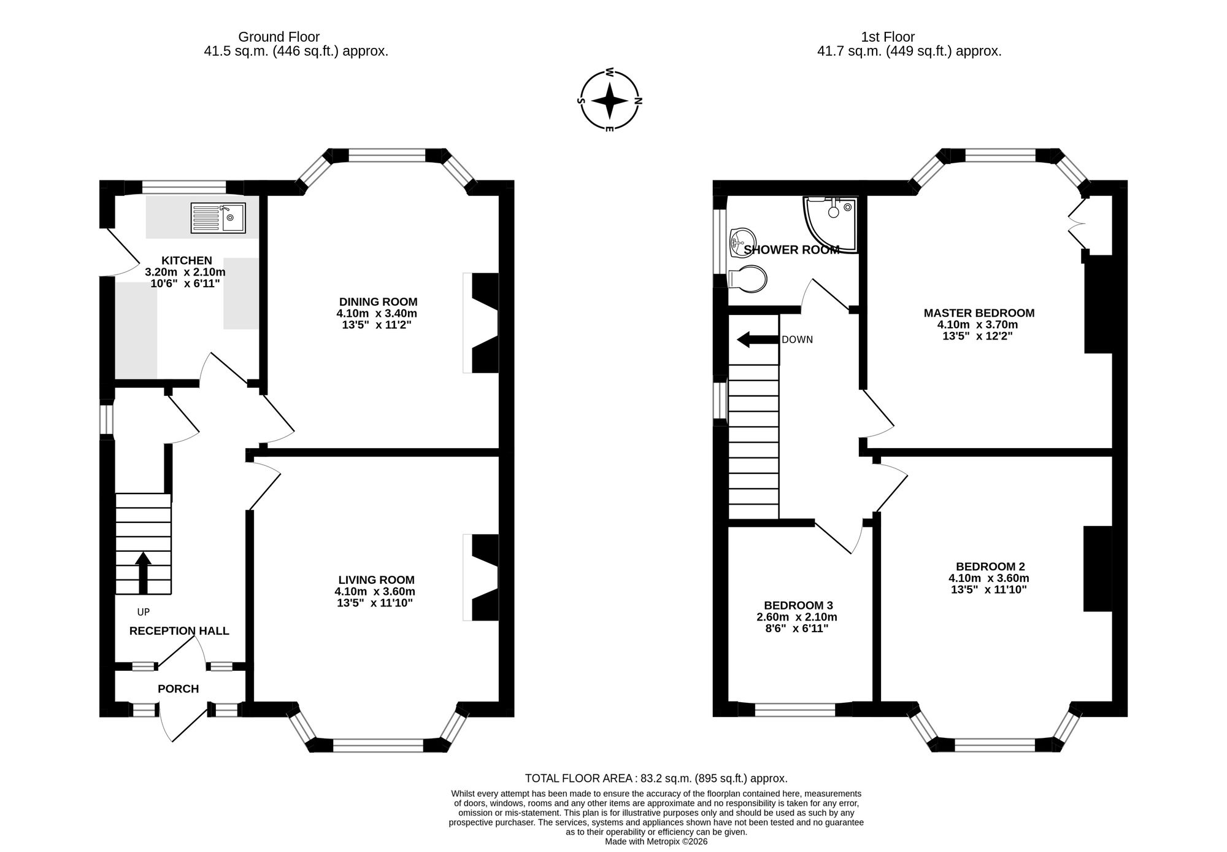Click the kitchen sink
click(x=218, y=218)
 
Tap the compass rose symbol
click(x=609, y=101)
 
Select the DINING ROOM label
click(x=378, y=302)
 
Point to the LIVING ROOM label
click(x=376, y=580)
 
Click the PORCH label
click(x=179, y=689)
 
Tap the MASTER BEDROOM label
click(x=979, y=313)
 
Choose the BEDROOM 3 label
click(x=798, y=605)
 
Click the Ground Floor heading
click(x=279, y=37)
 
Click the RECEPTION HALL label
click(x=179, y=631)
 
